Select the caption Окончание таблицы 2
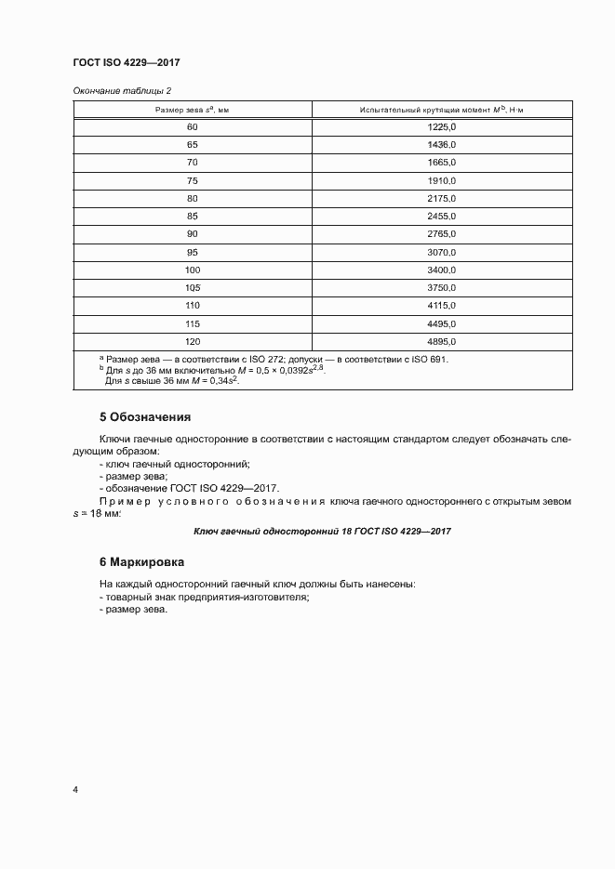tap(121, 90)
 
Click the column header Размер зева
tap(192, 110)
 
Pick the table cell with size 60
tap(192, 126)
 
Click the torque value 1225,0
tap(441, 126)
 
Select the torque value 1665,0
tap(441, 163)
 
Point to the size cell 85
tap(192, 216)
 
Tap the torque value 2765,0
tap(441, 233)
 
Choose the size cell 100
tap(192, 270)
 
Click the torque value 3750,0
tap(441, 287)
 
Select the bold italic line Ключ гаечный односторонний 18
tap(322, 531)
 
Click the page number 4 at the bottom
tap(75, 790)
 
